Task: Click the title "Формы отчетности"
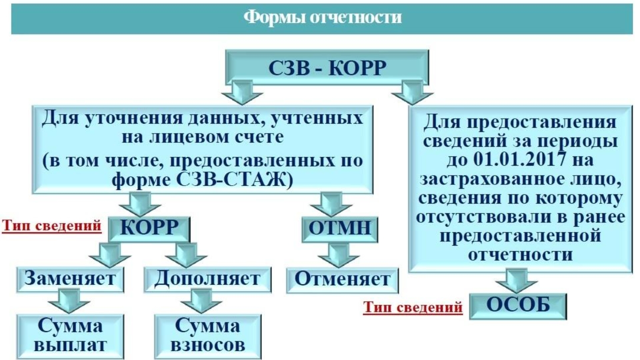322,18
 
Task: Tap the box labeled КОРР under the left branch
149,228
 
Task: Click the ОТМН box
340,228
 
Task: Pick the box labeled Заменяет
70,279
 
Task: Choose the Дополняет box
207,279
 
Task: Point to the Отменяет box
342,280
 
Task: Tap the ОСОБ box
518,306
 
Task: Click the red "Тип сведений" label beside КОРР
52,226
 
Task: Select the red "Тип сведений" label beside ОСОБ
413,307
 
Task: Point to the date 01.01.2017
520,160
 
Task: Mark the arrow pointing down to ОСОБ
516,281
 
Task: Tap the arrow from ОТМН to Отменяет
339,255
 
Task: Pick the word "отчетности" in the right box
520,255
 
